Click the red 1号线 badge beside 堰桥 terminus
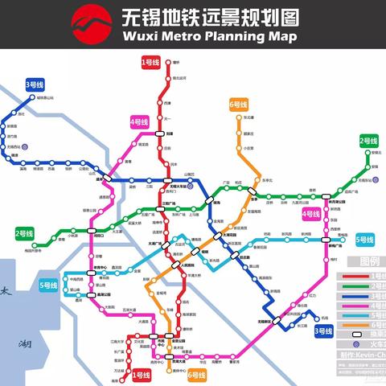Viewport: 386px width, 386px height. point(150,61)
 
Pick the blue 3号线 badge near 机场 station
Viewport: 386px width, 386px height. point(323,331)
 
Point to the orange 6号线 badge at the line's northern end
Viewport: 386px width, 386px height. point(239,105)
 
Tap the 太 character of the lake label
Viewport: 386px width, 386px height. point(6,294)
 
